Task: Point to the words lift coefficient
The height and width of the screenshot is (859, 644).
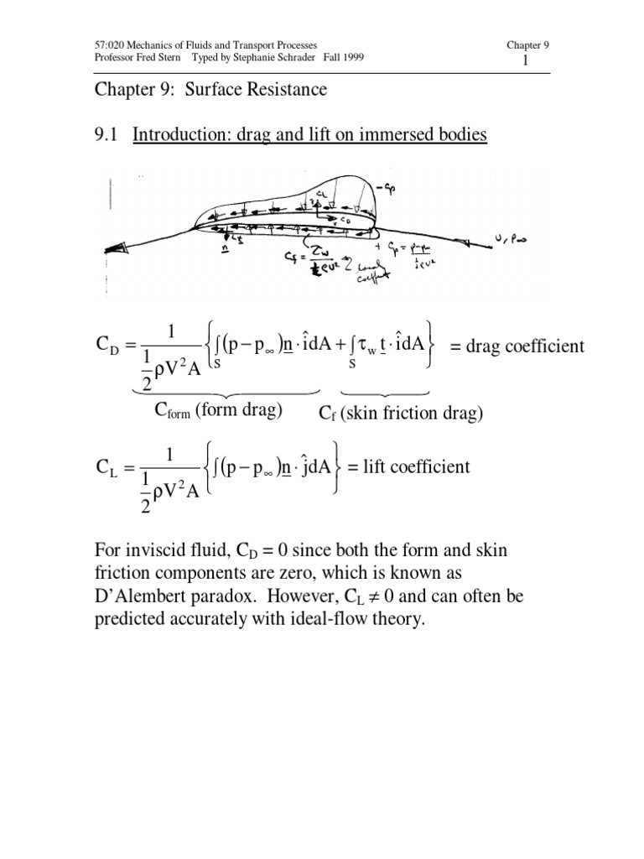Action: click(415, 466)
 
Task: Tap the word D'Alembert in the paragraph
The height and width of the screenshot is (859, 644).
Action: click(140, 596)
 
